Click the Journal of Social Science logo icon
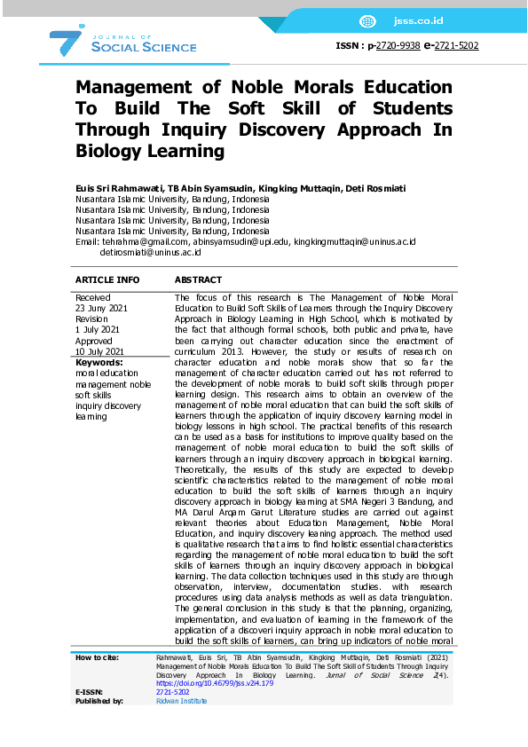(67, 41)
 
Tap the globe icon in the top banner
(367, 21)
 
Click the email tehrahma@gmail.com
(144, 241)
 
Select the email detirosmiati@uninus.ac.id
(150, 252)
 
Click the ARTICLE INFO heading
(107, 279)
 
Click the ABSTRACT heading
(198, 279)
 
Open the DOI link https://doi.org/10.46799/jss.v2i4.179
(201, 684)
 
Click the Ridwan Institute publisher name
(181, 701)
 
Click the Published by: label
(99, 701)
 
